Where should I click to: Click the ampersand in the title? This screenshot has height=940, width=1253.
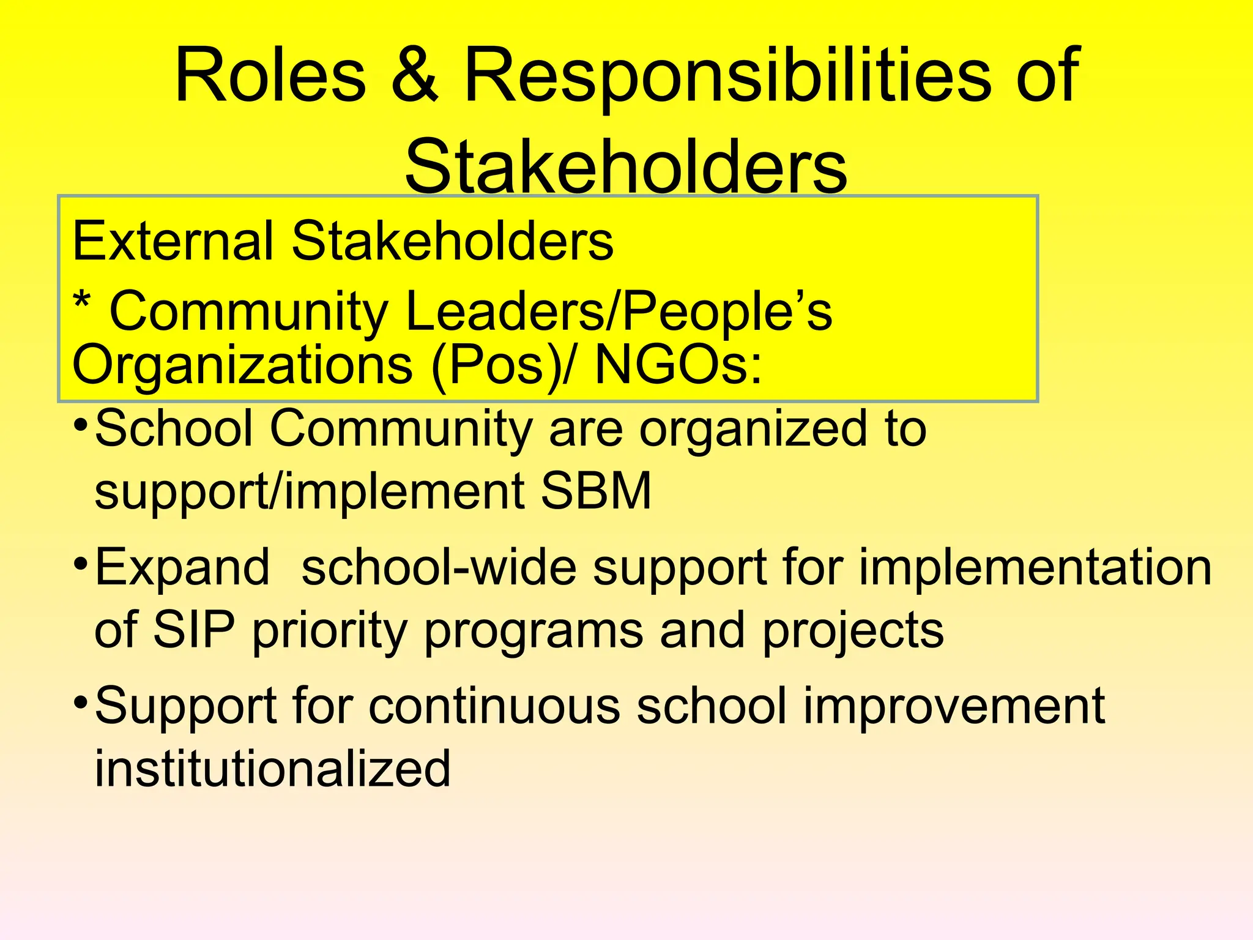415,76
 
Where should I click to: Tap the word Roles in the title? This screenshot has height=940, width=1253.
270,76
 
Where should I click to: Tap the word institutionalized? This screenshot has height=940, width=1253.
273,769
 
